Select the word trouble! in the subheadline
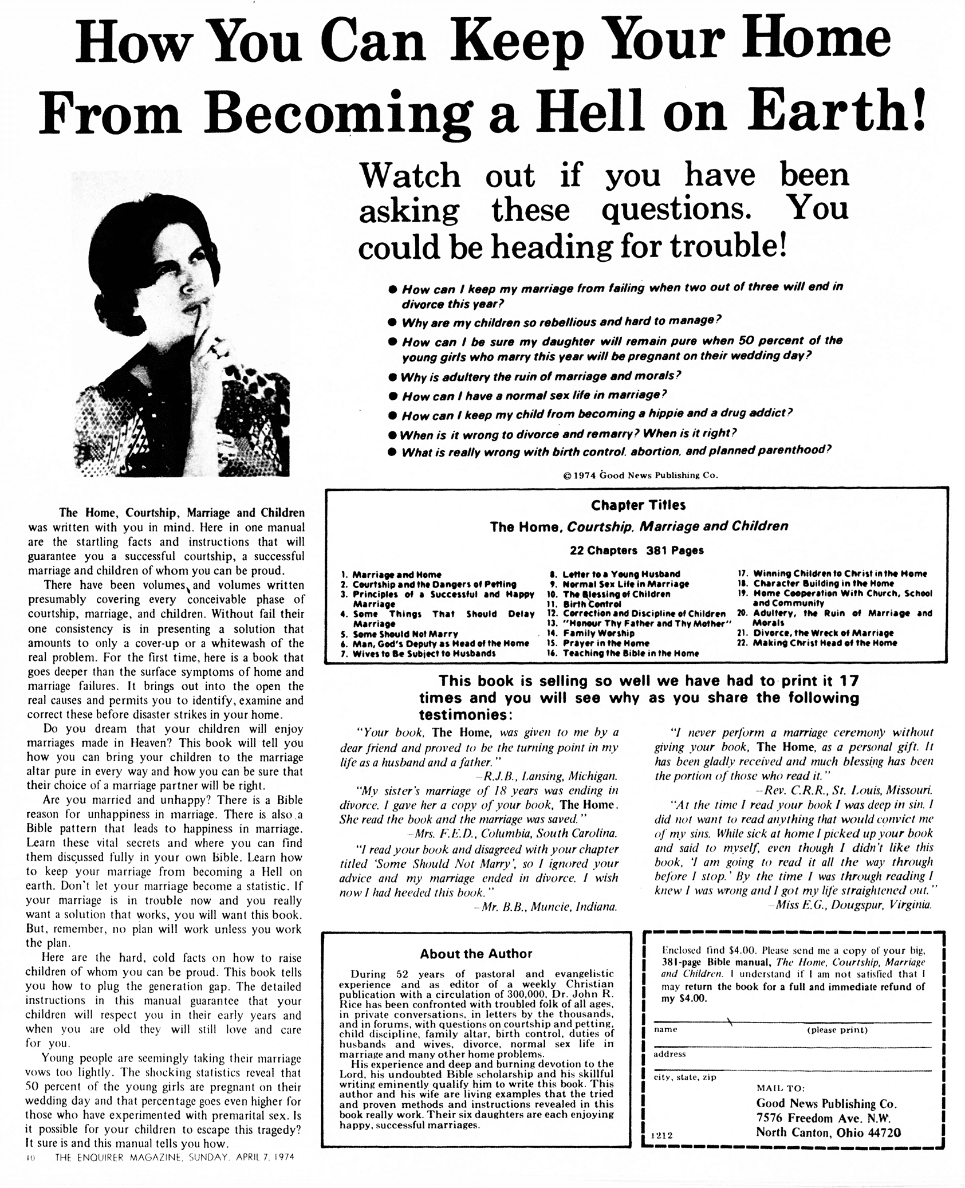pyautogui.click(x=728, y=246)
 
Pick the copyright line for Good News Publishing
pyautogui.click(x=640, y=475)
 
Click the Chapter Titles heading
pyautogui.click(x=638, y=505)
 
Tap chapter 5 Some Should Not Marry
pyautogui.click(x=404, y=634)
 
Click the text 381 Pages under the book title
pyautogui.click(x=675, y=550)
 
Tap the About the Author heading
pyautogui.click(x=476, y=954)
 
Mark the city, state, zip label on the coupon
pyautogui.click(x=685, y=1077)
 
